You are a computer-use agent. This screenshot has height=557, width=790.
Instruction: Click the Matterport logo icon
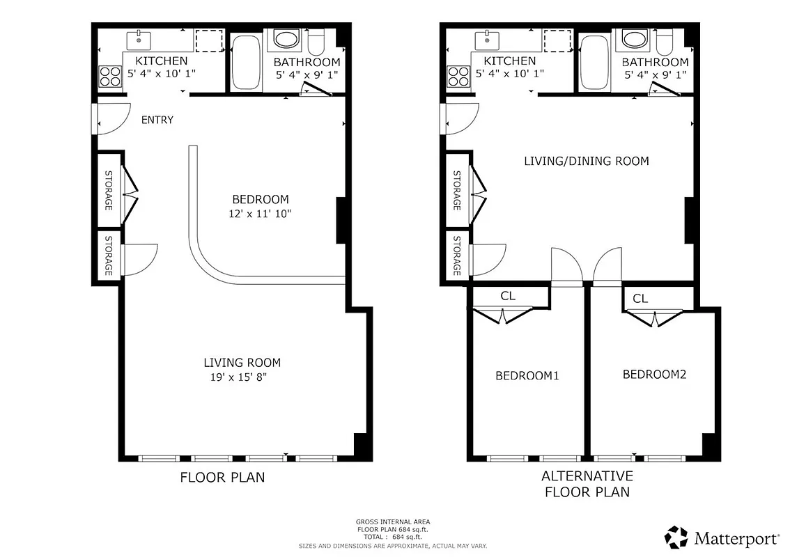[x=676, y=537]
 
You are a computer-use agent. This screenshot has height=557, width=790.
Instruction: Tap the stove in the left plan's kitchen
[x=109, y=75]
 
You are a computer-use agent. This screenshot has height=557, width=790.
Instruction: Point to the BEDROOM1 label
[x=527, y=376]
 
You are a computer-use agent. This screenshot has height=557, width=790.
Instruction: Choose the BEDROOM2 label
[x=654, y=375]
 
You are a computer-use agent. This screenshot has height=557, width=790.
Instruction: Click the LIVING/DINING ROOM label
[x=586, y=161]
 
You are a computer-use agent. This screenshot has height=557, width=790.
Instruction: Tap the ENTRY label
[x=157, y=120]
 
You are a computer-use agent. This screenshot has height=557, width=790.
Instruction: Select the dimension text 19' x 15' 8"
[x=239, y=377]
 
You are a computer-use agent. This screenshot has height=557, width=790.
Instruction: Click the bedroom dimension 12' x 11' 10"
[x=261, y=214]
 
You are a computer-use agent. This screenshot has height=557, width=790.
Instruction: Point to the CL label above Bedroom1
[x=508, y=296]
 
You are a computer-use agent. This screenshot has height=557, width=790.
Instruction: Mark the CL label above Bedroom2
[x=640, y=299]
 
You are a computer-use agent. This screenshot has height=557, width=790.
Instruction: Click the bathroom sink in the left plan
[x=284, y=38]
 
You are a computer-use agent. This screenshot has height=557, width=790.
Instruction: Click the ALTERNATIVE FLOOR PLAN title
[x=587, y=484]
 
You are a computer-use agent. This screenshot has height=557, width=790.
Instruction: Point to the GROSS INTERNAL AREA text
[x=393, y=521]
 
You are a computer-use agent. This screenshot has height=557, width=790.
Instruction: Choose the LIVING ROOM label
[x=242, y=362]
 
